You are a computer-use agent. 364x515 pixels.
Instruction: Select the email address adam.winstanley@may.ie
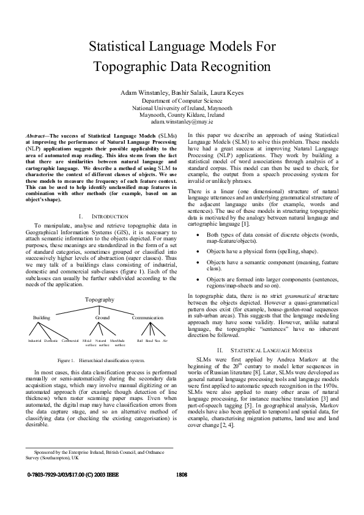pyautogui.click(x=182, y=121)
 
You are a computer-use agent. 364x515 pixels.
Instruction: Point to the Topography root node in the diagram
pyautogui.click(x=99, y=300)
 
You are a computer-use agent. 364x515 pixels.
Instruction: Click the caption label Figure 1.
pyautogui.click(x=64, y=361)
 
